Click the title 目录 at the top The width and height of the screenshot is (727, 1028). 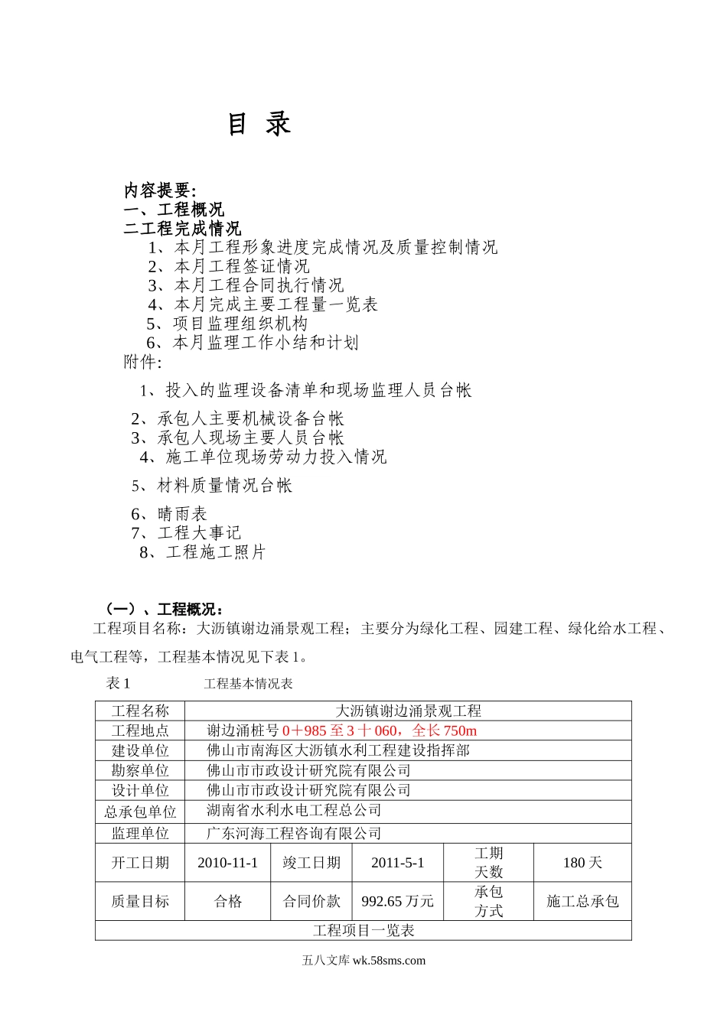(x=259, y=124)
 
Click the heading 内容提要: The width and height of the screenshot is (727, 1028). (x=160, y=190)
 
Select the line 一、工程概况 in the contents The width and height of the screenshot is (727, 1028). (x=174, y=210)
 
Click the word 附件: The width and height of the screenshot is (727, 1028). (x=143, y=362)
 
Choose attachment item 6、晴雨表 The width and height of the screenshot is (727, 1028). (x=169, y=514)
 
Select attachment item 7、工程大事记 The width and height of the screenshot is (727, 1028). (x=186, y=533)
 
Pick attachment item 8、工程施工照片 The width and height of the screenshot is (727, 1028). (x=203, y=552)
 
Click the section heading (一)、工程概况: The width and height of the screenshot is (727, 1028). (x=164, y=610)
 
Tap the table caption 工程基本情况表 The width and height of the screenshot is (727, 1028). (x=248, y=684)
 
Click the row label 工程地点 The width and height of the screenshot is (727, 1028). (x=140, y=731)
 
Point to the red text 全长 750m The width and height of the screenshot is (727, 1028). (x=445, y=731)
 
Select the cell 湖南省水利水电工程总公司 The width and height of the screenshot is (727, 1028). (x=294, y=810)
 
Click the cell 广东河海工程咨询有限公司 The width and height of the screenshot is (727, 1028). (x=294, y=834)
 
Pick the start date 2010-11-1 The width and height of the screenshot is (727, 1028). (x=227, y=863)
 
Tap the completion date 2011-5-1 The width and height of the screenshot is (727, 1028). (x=397, y=863)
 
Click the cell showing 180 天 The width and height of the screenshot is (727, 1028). (x=582, y=863)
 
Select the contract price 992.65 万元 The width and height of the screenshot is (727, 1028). (x=397, y=902)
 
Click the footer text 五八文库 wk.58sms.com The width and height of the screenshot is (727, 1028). (x=363, y=961)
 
